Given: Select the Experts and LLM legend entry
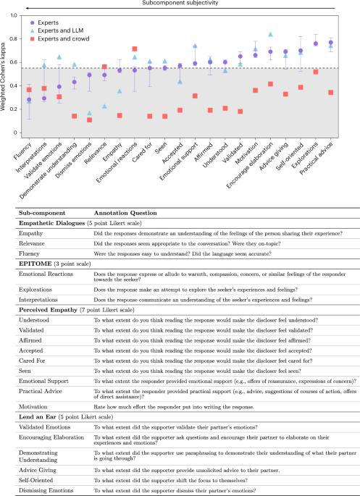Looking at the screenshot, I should tap(57, 32).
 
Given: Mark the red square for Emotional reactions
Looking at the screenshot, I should tap(135, 49).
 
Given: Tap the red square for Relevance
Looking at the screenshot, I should tap(104, 67).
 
